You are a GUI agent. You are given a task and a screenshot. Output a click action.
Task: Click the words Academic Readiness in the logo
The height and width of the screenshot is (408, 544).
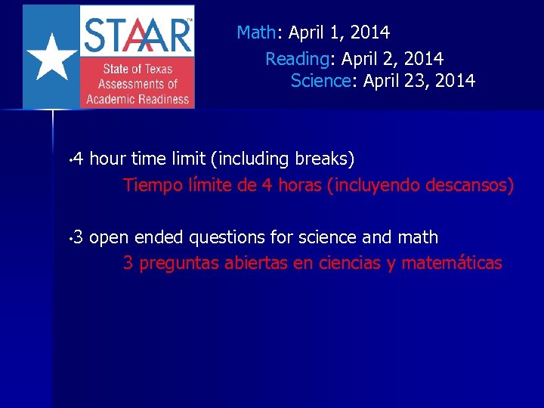point(138,99)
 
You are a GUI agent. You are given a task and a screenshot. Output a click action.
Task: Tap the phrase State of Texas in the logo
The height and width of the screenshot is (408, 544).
point(138,70)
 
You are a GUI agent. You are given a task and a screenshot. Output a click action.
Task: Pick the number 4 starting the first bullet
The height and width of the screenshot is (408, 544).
point(79,159)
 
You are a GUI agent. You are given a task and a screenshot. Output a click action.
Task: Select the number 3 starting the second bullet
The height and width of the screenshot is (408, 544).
point(79,237)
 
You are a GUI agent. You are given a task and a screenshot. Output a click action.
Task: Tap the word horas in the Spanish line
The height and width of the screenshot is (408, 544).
point(300,185)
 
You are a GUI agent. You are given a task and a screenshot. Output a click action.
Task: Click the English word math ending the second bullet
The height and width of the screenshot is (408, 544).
point(419,237)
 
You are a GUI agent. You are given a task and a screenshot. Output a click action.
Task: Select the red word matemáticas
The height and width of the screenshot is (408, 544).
point(452,263)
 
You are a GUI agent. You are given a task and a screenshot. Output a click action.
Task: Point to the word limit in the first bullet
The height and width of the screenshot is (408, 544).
point(190,159)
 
